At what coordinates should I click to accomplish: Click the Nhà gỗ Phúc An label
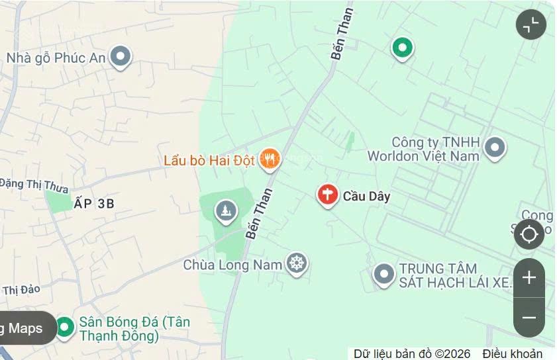56,58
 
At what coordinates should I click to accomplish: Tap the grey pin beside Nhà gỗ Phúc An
120,56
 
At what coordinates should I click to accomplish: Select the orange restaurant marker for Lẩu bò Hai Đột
270,159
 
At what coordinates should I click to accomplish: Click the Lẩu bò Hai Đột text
209,161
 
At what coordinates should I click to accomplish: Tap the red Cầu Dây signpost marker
327,195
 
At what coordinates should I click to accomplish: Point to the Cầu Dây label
366,196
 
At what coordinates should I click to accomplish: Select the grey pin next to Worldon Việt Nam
495,148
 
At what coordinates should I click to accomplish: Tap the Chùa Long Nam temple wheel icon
297,264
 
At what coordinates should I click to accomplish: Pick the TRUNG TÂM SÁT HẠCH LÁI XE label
455,275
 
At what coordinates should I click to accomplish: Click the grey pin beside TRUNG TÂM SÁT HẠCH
383,274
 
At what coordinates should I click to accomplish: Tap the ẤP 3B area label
94,204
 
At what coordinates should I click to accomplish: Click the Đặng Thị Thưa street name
34,185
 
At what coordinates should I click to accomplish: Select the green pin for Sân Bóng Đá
64,327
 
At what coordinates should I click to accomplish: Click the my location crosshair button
529,234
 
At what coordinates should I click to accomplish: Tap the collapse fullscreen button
531,24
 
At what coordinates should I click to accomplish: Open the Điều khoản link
513,354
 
